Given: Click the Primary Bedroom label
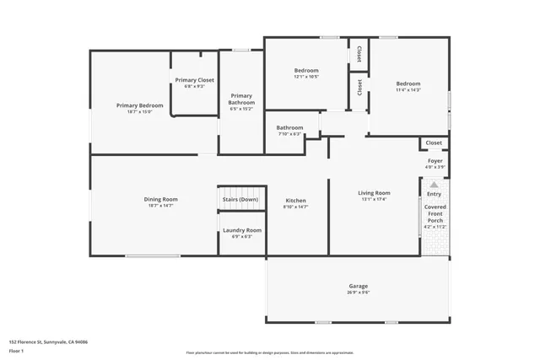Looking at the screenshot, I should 139,105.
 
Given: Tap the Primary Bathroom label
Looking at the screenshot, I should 241,99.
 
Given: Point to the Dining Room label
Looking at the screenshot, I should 160,200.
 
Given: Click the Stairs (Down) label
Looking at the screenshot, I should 240,200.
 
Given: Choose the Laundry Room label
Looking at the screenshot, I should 241,230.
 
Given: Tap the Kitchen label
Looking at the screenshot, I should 296,200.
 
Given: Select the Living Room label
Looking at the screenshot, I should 374,193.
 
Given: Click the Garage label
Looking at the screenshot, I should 358,286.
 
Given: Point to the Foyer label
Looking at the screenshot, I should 435,160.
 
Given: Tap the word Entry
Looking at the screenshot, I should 434,194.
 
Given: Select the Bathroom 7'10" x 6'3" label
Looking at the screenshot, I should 289,128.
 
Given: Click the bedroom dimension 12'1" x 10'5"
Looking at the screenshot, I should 306,77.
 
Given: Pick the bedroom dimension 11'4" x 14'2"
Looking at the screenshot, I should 408,90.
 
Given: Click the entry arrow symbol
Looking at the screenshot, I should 434,184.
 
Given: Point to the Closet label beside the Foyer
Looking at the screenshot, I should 434,142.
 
